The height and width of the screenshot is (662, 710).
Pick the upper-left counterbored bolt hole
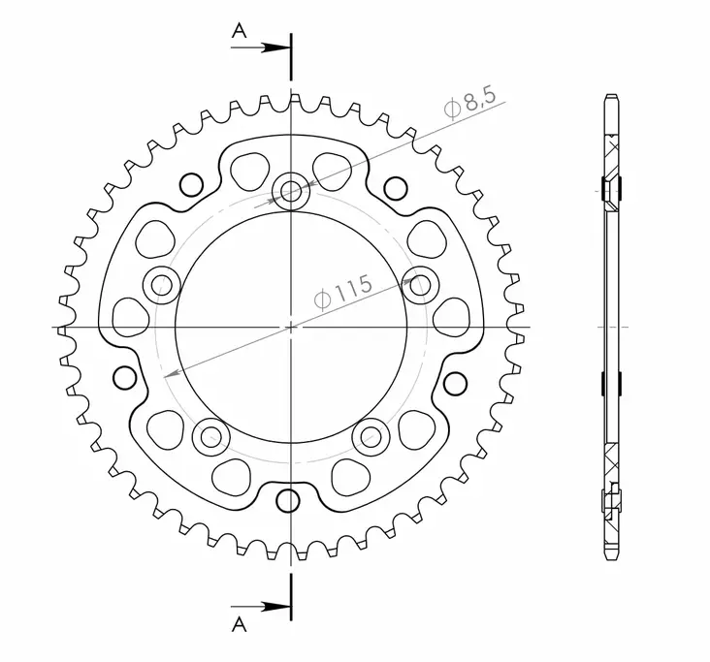coord(161,284)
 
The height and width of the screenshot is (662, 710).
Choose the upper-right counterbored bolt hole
coord(420,284)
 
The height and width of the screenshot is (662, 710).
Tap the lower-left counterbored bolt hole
coord(210,436)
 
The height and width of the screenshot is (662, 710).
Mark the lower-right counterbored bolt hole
coord(371,436)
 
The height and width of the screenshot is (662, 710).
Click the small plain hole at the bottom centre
coord(287,500)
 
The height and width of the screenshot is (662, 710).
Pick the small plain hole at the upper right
coord(393,185)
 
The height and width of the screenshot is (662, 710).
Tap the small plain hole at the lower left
coord(123,376)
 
